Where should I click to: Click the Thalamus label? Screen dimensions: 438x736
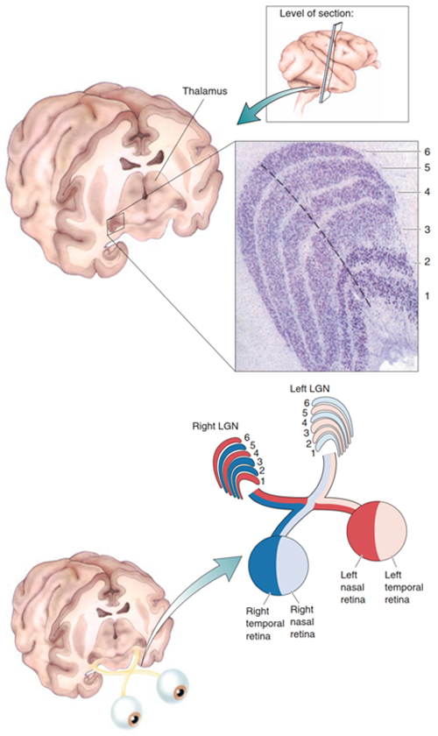point(205,90)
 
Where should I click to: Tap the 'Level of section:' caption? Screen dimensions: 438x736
point(316,14)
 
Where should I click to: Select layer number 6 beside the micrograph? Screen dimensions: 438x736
point(427,152)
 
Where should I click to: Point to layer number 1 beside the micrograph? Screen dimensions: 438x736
point(427,296)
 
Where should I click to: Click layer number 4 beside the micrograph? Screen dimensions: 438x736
point(427,192)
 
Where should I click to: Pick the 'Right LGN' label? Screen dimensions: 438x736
point(215,426)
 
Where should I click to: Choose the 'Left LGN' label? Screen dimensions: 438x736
point(310,389)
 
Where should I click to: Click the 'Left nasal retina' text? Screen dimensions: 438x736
point(352,587)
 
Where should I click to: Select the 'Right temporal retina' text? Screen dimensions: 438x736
point(265,623)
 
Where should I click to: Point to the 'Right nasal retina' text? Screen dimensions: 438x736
point(302,622)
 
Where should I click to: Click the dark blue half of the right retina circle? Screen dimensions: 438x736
point(263,565)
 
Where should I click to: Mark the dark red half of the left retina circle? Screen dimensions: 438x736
point(362,531)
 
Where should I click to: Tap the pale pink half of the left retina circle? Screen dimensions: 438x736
point(391,531)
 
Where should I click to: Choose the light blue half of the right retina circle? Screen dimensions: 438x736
point(293,565)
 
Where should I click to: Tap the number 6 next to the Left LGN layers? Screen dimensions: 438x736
point(307,403)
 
